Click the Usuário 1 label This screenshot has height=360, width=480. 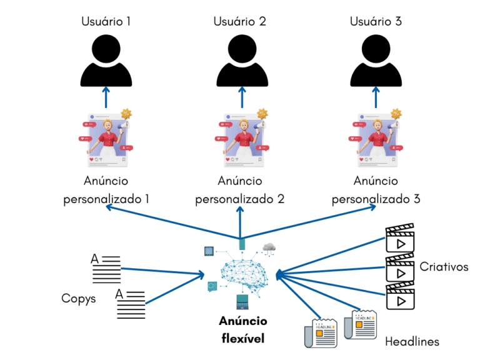[x=106, y=21]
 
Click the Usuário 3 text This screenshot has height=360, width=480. [x=375, y=21]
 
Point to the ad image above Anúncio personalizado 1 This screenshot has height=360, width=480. [x=105, y=140]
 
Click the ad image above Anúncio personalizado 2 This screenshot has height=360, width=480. [x=241, y=140]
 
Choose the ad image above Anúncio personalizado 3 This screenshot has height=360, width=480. [x=375, y=140]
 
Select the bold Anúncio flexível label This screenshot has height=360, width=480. [x=242, y=330]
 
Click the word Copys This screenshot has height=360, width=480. [x=79, y=298]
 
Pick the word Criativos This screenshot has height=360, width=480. [x=444, y=267]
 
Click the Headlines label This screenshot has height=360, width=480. [x=412, y=341]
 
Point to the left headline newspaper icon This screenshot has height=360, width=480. [x=320, y=332]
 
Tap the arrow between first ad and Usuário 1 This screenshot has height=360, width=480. [x=106, y=99]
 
